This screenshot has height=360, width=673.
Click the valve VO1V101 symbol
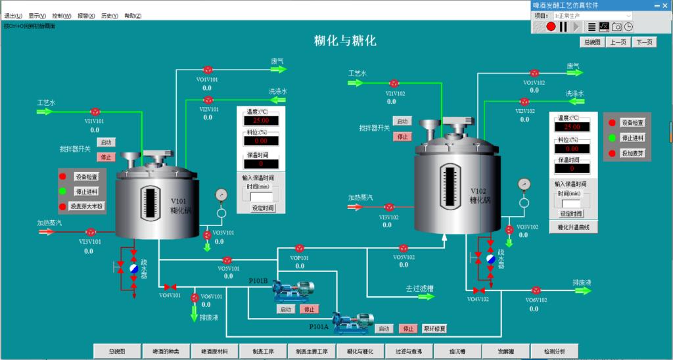[208, 70]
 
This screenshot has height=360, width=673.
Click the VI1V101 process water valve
[95, 112]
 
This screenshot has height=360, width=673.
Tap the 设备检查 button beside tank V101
[86, 177]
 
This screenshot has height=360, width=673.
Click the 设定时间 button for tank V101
[263, 208]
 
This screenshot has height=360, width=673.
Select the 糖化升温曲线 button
[574, 227]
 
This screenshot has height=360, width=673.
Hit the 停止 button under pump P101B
[309, 309]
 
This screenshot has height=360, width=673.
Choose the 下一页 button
[645, 42]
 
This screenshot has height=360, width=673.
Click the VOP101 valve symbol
[300, 248]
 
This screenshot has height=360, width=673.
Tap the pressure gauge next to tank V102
[524, 183]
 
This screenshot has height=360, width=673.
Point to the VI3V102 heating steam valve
[388, 208]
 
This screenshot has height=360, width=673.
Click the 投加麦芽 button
[633, 153]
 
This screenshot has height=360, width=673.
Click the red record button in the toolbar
[551, 26]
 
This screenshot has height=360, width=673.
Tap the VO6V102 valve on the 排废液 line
[536, 290]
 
